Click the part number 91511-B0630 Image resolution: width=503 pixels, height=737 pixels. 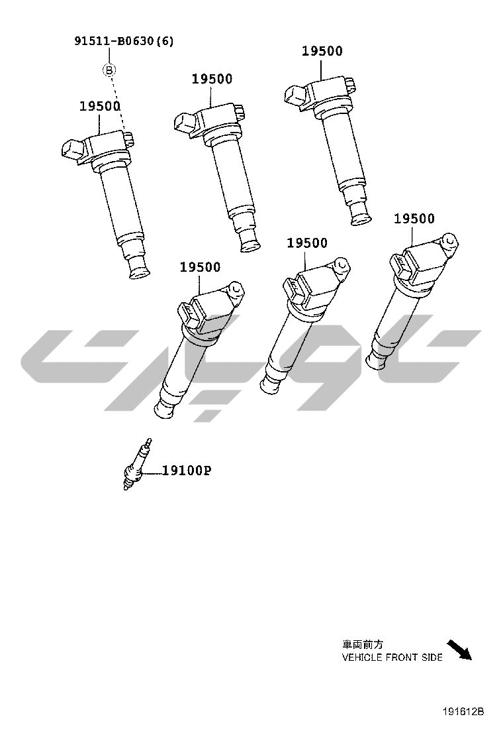114,41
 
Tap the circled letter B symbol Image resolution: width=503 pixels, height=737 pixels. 109,70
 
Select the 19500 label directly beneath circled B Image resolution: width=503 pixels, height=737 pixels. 100,106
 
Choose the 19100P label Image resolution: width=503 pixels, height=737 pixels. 187,470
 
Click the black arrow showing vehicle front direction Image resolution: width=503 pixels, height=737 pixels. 459,650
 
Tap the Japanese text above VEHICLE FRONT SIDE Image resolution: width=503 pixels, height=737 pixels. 363,644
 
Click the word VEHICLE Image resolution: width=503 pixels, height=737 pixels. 362,657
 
